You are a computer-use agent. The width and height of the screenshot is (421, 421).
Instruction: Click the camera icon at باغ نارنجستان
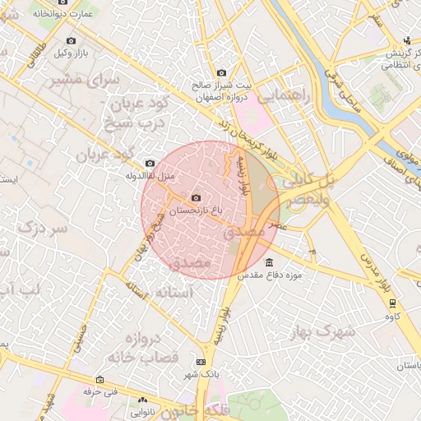(x=195, y=198)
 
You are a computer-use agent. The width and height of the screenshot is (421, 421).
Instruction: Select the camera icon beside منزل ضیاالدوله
(x=149, y=163)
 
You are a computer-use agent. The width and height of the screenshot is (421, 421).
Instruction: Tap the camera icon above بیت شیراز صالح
(x=220, y=73)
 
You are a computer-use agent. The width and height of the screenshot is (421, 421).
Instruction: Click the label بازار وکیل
(x=72, y=53)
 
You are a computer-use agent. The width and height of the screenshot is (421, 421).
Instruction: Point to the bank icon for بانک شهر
(x=201, y=362)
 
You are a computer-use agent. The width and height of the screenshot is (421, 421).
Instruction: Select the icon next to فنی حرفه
(x=100, y=380)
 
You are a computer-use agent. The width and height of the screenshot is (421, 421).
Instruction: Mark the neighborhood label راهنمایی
(x=285, y=96)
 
